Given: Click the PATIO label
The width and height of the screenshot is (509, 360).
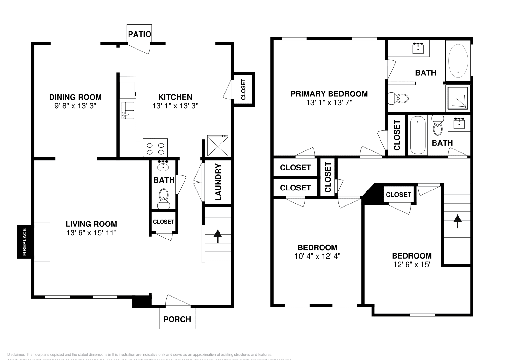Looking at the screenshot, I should (139, 34).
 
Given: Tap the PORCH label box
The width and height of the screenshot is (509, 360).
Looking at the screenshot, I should (177, 319).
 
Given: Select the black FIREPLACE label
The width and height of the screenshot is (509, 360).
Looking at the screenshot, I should (24, 242).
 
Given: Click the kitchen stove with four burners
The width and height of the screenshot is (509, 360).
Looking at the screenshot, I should (155, 148).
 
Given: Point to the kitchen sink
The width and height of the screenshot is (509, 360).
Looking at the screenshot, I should (127, 110).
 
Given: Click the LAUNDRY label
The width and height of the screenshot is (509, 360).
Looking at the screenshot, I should (218, 182).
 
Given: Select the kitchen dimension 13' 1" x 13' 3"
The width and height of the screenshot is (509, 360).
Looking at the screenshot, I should (175, 106).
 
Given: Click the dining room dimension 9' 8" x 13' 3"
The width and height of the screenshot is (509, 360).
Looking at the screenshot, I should (75, 106).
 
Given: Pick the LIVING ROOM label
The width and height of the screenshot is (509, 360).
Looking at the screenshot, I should (91, 224).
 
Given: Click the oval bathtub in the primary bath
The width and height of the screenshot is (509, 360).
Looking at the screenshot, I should (458, 60).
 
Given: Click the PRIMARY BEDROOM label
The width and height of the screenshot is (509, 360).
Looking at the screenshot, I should (329, 94).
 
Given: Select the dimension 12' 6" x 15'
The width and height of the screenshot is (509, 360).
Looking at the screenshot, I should (412, 264).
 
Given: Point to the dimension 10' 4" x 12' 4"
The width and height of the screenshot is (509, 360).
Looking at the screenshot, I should (317, 256).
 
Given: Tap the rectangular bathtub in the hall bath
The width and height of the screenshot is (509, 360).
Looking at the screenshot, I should (417, 135).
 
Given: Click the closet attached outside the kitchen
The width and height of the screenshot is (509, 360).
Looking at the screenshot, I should (243, 89).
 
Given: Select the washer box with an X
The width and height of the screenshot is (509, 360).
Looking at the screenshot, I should (218, 146).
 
